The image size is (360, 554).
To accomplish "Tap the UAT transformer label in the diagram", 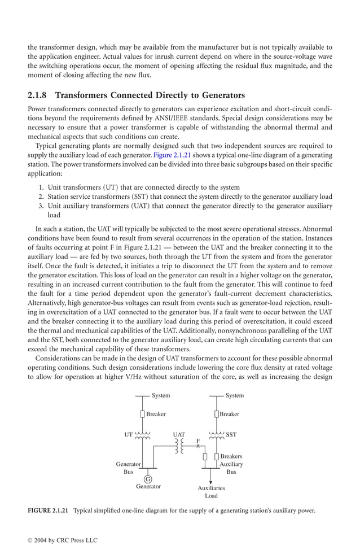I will [179, 435].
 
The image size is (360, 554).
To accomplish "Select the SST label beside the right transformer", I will [231, 435].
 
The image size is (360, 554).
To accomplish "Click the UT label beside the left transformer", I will [129, 435].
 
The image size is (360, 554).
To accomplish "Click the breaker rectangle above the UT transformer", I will [143, 414].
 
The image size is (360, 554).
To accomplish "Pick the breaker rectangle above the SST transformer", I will [217, 414].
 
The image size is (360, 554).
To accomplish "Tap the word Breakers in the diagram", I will [231, 456].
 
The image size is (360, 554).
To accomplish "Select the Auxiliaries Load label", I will [211, 492].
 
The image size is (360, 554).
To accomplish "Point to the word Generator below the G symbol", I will [148, 486].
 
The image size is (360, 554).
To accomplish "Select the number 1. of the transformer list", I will [41, 187].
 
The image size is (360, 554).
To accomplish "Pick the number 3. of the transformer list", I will [41, 206].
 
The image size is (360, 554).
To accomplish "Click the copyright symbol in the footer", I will [30, 540].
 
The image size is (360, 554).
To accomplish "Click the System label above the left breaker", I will [161, 396].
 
